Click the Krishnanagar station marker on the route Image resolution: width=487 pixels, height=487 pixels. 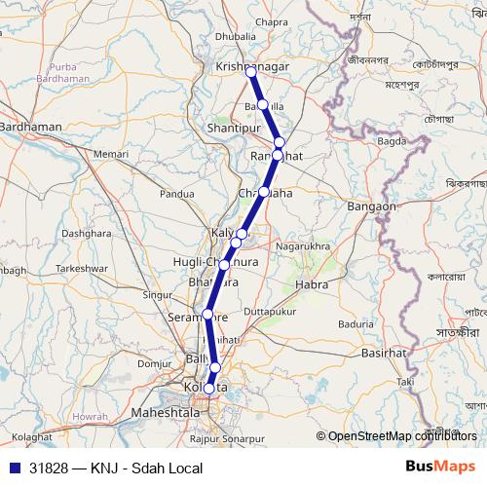point(251,72)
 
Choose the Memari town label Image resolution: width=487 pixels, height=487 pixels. point(111,154)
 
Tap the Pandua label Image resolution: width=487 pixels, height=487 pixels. point(177,194)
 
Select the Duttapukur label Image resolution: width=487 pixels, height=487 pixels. point(269,311)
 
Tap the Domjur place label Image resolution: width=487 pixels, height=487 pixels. point(154,363)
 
